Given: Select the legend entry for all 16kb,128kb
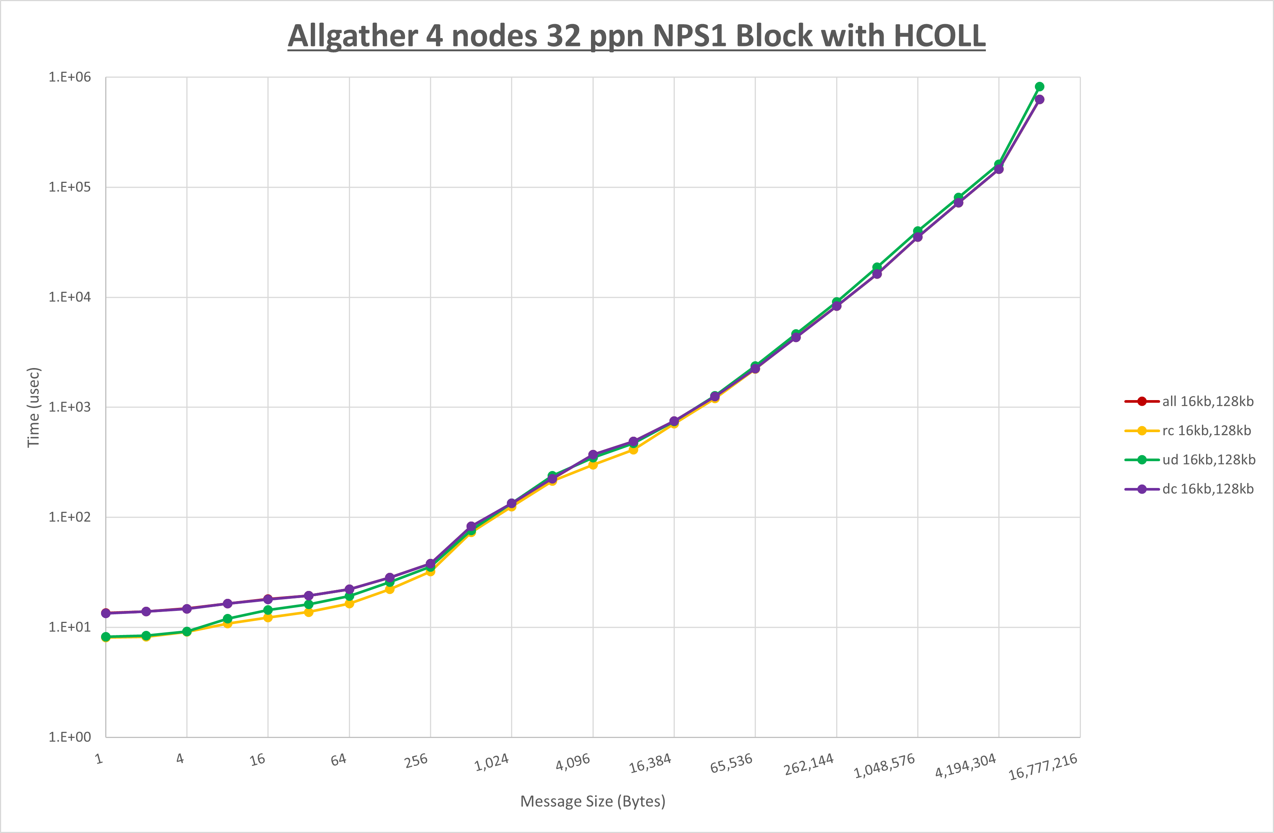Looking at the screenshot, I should [x=1207, y=402].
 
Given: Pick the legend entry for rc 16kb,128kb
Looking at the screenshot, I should [x=1206, y=430].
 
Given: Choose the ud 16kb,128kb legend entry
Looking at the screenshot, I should [x=1208, y=459].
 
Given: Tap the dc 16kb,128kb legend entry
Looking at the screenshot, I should [x=1207, y=489].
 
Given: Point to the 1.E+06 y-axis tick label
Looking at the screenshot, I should [x=70, y=77].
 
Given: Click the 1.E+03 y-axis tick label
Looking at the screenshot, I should [x=70, y=407].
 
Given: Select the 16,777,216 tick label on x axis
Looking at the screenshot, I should [x=1042, y=767].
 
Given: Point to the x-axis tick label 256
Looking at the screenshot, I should [x=416, y=760].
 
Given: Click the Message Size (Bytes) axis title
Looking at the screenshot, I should [x=592, y=801].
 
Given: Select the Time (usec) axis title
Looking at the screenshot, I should [x=33, y=407].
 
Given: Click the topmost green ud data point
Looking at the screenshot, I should [x=1039, y=86].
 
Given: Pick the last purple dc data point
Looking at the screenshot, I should [x=1039, y=100].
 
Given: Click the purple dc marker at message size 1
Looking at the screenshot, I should [x=106, y=613].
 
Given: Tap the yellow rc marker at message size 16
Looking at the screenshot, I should [x=268, y=617].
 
